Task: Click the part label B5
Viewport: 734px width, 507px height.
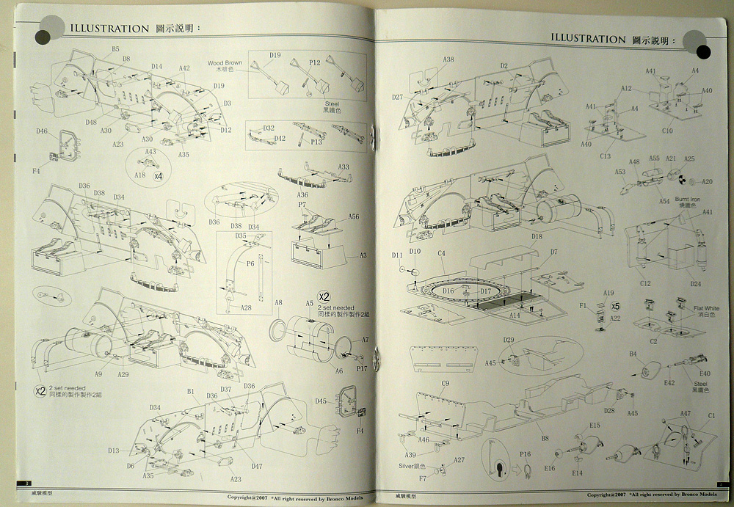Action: coord(115,48)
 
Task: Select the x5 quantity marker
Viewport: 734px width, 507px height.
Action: coord(615,306)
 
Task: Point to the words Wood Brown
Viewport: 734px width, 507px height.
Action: coord(224,64)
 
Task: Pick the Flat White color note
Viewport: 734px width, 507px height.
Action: coord(708,308)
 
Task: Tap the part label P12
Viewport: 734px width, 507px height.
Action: coord(315,63)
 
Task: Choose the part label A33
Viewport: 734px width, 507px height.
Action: coord(344,167)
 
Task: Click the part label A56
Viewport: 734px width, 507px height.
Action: coord(353,216)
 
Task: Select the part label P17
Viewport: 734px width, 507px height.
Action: coord(361,369)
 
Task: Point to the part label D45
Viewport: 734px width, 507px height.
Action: coord(321,401)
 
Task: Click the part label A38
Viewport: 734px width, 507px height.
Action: coord(448,59)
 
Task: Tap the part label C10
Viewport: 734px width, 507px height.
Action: coord(667,131)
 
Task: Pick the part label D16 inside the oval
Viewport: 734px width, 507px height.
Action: coord(448,291)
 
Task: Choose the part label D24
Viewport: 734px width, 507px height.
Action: coord(695,283)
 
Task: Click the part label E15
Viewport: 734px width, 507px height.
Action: coord(594,426)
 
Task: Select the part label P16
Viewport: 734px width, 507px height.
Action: coord(525,454)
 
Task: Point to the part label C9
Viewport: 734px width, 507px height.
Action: coord(445,384)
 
